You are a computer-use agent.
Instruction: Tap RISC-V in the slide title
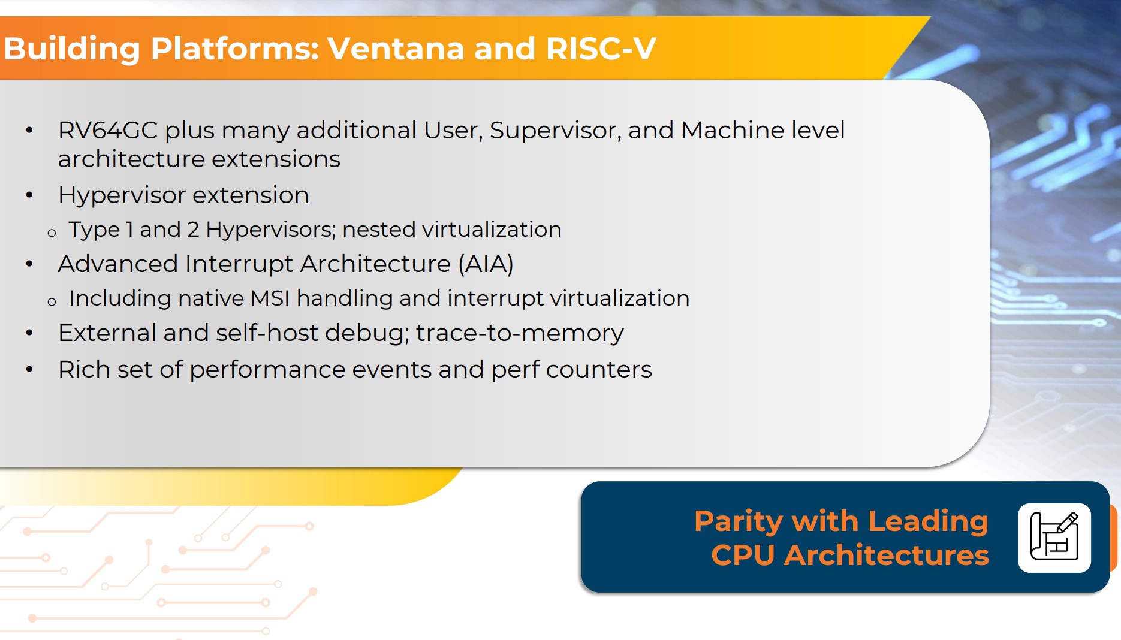click(601, 49)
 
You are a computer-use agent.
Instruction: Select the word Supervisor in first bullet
click(555, 131)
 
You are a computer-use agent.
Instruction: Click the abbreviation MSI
click(270, 298)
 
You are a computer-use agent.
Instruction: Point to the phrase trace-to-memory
click(520, 333)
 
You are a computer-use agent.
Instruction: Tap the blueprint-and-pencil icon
click(1054, 538)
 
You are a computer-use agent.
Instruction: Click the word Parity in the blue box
click(738, 521)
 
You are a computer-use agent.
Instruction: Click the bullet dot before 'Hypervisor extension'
click(29, 195)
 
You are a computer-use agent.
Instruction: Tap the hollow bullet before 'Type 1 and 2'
click(52, 233)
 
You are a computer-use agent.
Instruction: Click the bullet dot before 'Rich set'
click(29, 370)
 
